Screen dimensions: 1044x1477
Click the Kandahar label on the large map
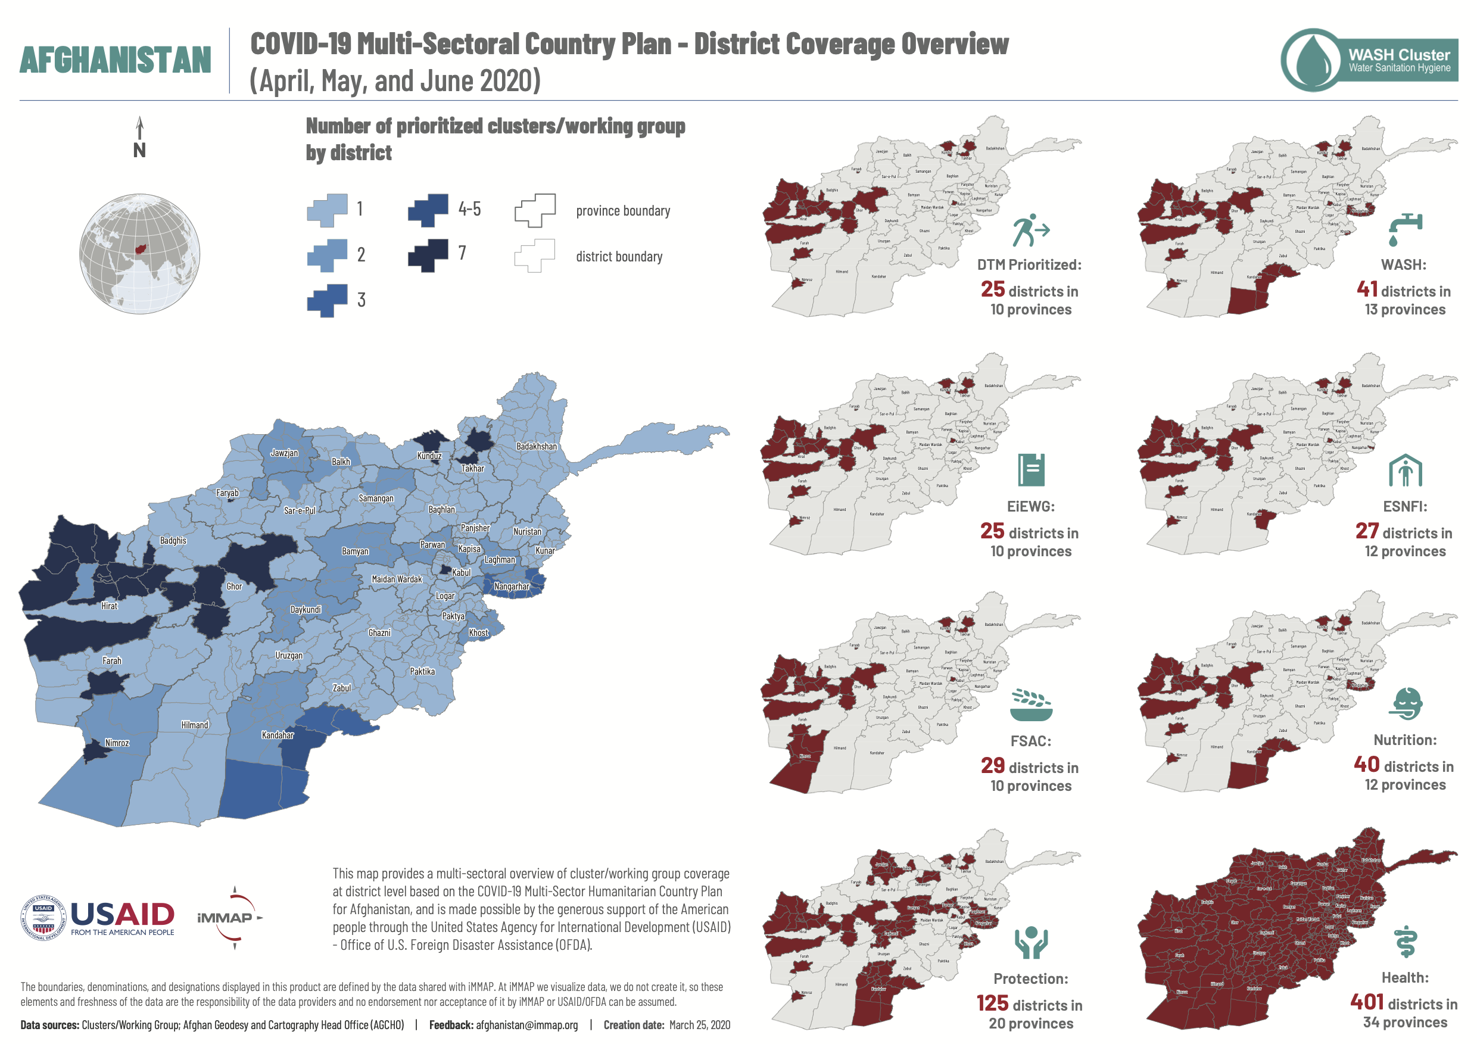pos(278,736)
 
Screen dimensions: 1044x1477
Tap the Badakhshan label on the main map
pos(537,447)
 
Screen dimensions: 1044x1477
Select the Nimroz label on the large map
pos(117,743)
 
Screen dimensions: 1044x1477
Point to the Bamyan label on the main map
pos(355,551)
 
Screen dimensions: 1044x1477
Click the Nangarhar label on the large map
pos(512,587)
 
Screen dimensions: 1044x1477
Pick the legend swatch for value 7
pos(428,255)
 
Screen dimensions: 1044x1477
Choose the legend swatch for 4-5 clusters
pos(428,210)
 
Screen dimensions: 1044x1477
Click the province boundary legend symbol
pos(535,210)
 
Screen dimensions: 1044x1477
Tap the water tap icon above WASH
pos(1405,230)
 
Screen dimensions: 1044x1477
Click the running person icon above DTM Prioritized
pos(1030,230)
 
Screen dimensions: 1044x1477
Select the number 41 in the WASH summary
pos(1367,289)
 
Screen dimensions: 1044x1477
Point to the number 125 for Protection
pos(992,1004)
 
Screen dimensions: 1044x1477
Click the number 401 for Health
pos(1367,1002)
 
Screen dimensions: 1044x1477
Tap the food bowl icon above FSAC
pos(1030,705)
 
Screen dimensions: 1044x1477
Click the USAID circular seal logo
pos(43,918)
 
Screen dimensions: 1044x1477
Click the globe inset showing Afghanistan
pos(139,254)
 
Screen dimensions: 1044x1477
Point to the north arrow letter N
pos(139,151)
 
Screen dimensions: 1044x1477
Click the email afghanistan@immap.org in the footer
pos(526,1026)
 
